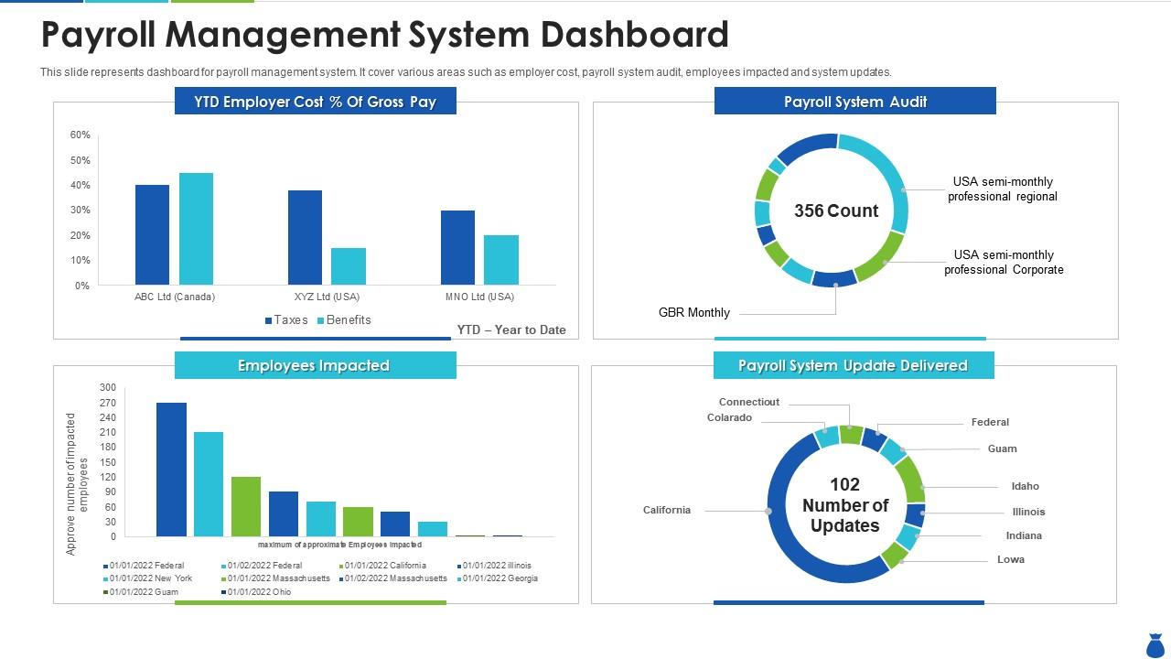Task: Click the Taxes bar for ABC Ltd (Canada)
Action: click(x=152, y=234)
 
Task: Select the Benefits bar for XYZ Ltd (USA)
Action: click(x=349, y=265)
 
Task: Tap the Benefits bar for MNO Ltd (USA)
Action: click(x=501, y=259)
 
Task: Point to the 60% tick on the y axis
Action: click(x=81, y=135)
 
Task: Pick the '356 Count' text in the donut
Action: click(x=835, y=211)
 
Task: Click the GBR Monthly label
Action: click(x=694, y=313)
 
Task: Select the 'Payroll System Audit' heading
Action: click(x=854, y=102)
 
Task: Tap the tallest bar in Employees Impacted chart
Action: click(x=171, y=469)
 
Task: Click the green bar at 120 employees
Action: click(x=246, y=506)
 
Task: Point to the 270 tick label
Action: click(x=108, y=403)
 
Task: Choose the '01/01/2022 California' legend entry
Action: click(x=384, y=566)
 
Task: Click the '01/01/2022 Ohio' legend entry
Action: click(x=259, y=592)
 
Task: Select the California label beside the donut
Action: click(x=667, y=510)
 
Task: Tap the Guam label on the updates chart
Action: click(x=1002, y=449)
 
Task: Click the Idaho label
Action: click(x=1025, y=486)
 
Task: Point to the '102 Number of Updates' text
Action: click(x=844, y=505)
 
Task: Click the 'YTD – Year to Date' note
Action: click(x=511, y=330)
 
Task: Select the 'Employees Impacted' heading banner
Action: click(x=315, y=366)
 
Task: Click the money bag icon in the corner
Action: click(x=1155, y=644)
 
